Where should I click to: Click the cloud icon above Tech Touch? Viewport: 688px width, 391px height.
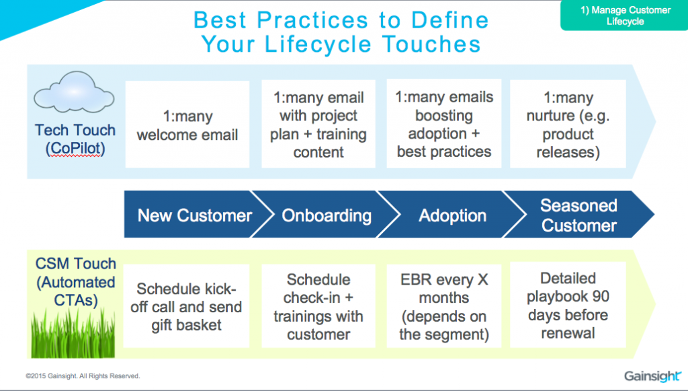coord(74,92)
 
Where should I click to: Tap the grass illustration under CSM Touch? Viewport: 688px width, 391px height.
coord(73,332)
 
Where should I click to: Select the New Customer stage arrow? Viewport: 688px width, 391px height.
coord(193,215)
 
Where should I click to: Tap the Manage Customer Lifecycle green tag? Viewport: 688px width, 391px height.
coord(625,15)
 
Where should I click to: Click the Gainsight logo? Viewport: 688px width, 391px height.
coord(652,376)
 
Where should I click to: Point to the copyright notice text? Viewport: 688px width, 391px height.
coord(83,376)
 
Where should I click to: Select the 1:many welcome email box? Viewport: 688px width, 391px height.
coord(187,125)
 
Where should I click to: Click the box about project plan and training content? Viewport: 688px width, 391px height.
coord(318,124)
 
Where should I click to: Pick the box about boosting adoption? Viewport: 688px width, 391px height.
coord(444,123)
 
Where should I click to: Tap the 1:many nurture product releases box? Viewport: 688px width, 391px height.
coord(568,124)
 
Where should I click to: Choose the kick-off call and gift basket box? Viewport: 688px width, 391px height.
coord(187,306)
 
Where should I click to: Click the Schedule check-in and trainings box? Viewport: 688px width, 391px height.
coord(318,306)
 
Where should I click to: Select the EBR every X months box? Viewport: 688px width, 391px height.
coord(444,306)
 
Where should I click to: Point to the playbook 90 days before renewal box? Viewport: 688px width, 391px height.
coord(568,305)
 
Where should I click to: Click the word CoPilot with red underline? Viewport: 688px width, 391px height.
coord(75,148)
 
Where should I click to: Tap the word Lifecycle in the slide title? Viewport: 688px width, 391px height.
coord(318,44)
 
